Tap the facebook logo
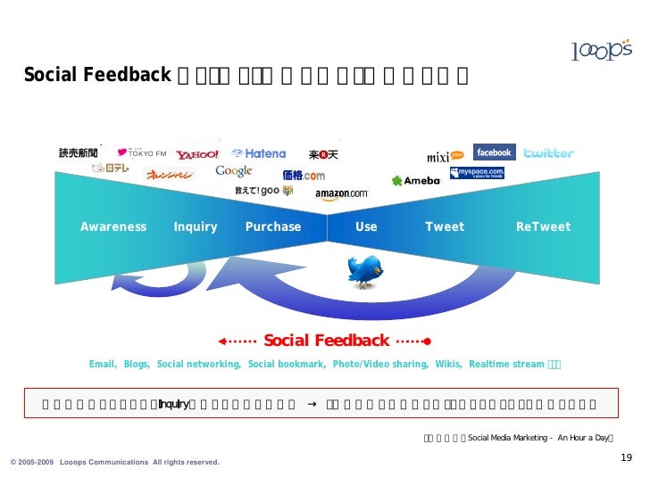(x=494, y=152)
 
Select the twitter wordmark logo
(x=548, y=153)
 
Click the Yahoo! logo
(x=197, y=155)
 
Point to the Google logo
(x=234, y=171)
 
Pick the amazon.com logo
(x=341, y=193)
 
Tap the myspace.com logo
(x=478, y=172)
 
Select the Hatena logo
(x=259, y=153)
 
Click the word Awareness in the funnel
(x=113, y=227)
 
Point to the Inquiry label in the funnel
(x=196, y=227)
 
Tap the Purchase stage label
(x=273, y=227)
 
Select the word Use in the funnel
(x=366, y=227)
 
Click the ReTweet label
(x=543, y=227)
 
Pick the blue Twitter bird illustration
(x=364, y=271)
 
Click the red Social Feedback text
(x=326, y=341)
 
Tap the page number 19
(x=626, y=457)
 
